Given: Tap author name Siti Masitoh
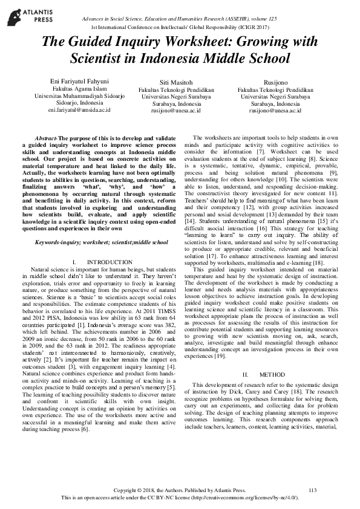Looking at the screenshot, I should point(181,81).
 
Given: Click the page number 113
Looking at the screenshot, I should point(313,490).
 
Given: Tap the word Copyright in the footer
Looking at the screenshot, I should point(126,490).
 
